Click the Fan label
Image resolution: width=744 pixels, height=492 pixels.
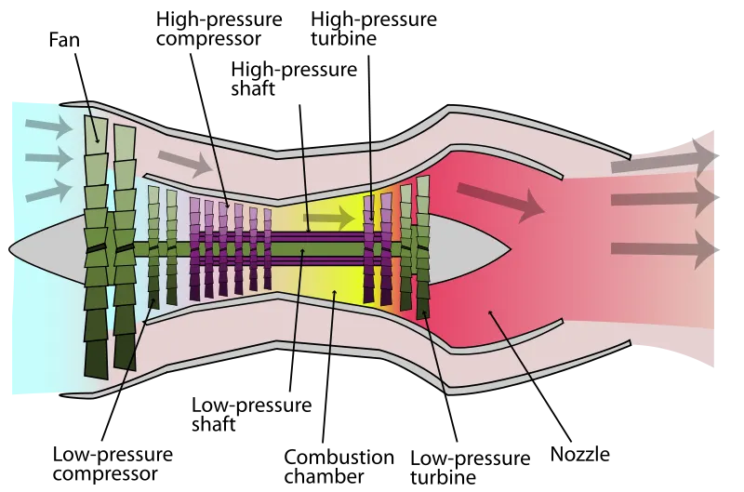click(x=64, y=40)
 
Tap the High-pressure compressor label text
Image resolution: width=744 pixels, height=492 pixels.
click(x=219, y=29)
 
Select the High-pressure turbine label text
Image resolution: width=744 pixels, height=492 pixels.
click(x=374, y=29)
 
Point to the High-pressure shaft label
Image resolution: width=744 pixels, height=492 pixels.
click(x=294, y=79)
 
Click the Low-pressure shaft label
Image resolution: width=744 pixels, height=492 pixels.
click(x=251, y=414)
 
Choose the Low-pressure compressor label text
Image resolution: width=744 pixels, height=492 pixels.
click(x=113, y=463)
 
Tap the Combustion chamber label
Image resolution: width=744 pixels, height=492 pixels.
click(x=339, y=466)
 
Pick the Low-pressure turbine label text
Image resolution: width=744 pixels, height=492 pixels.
click(x=470, y=467)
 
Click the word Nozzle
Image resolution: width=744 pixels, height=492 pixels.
click(x=579, y=454)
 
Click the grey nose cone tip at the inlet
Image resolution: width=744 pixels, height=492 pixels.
click(x=9, y=248)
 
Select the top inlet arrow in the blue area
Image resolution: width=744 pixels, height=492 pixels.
click(x=49, y=126)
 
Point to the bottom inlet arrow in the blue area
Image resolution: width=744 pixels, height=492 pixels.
click(x=49, y=191)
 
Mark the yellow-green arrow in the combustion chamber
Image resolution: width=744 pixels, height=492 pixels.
click(x=329, y=219)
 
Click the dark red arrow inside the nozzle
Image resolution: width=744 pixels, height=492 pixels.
click(x=500, y=201)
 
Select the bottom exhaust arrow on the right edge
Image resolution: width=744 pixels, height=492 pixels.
click(x=665, y=249)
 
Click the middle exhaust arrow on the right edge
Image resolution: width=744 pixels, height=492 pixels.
click(x=665, y=197)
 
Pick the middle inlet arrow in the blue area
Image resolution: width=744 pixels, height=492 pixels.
click(x=49, y=158)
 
